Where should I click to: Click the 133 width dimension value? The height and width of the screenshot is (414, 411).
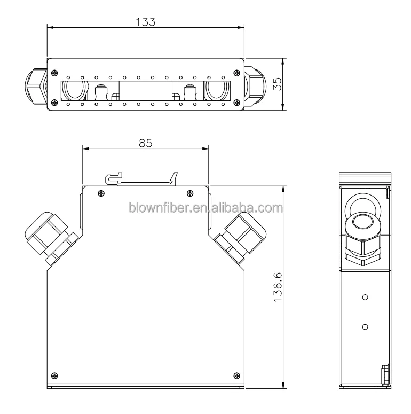pyautogui.click(x=146, y=21)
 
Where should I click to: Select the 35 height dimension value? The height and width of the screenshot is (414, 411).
pyautogui.click(x=276, y=84)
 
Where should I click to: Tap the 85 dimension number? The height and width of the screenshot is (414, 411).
pyautogui.click(x=146, y=143)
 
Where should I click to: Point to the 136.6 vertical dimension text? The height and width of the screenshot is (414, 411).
pyautogui.click(x=276, y=287)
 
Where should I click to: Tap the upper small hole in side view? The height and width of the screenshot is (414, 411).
pyautogui.click(x=365, y=296)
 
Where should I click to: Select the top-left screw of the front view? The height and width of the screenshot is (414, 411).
pyautogui.click(x=100, y=193)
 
